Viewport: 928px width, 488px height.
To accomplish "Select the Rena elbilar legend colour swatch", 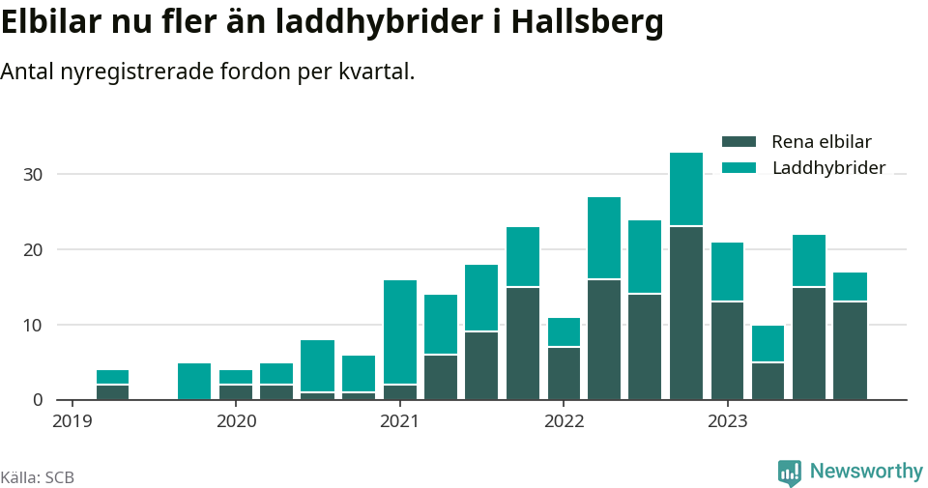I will (739, 142).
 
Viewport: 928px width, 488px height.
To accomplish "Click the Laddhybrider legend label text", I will (828, 168).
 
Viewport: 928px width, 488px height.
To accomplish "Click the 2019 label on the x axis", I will (72, 420).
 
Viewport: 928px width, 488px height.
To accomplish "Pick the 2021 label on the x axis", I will (399, 420).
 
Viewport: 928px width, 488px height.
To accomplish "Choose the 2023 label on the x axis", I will (727, 420).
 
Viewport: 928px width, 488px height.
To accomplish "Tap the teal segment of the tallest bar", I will (686, 188).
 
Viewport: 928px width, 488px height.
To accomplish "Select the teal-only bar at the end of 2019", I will (194, 381).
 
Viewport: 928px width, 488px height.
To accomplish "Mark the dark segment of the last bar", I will (851, 351).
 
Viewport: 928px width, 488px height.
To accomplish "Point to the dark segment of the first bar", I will (113, 392).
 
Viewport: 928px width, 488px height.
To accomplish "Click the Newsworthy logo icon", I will (790, 472).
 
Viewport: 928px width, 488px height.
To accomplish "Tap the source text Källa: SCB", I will (38, 477).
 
